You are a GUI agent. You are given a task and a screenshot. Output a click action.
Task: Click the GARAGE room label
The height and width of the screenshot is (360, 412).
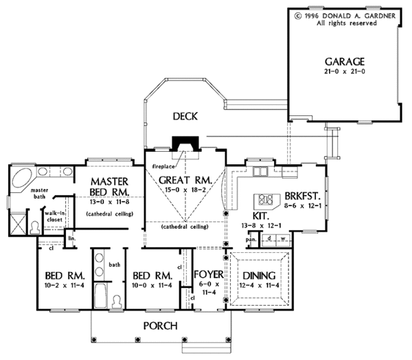[345, 62]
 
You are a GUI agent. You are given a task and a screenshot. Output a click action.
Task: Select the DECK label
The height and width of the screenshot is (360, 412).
[185, 116]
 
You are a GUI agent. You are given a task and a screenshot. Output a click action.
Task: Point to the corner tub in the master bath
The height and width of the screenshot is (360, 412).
[21, 179]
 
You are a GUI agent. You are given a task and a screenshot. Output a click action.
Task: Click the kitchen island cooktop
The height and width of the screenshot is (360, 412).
[265, 199]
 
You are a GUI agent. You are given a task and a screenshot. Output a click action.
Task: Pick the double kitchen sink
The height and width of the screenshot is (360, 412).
[260, 171]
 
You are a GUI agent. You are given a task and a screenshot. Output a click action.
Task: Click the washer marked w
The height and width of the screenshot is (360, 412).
[283, 239]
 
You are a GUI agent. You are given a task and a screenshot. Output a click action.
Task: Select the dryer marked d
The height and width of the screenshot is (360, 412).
[269, 239]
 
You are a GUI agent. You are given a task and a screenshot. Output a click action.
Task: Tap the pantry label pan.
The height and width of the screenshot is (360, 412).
[249, 240]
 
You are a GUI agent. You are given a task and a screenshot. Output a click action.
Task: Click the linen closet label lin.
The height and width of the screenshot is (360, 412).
[71, 238]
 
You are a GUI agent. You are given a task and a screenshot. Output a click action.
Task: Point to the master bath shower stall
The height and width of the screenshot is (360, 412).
[18, 224]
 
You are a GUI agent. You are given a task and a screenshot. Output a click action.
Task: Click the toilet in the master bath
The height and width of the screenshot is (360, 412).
[35, 227]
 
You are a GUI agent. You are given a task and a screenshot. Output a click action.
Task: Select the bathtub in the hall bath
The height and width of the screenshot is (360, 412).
[100, 295]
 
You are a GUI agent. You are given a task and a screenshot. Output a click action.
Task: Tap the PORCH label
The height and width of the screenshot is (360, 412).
[160, 326]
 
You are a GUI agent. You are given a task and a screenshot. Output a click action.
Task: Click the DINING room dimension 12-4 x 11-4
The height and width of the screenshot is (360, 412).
[259, 285]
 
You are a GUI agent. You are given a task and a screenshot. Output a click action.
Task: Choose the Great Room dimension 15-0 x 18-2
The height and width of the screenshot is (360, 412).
[185, 190]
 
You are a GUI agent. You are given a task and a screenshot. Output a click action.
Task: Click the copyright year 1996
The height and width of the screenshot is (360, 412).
[312, 16]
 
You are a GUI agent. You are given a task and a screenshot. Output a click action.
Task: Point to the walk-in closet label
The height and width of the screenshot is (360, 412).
[54, 216]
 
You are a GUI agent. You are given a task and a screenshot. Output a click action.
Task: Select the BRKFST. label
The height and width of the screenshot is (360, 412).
[303, 196]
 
